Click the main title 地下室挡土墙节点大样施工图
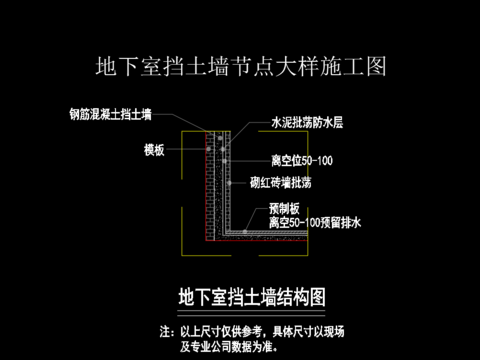tap(239, 68)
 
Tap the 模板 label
tap(154, 150)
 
